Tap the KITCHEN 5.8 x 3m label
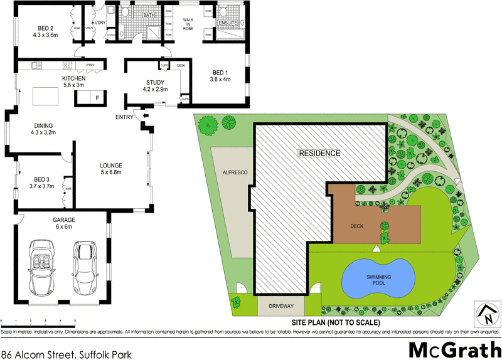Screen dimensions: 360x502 pyautogui.click(x=73, y=82)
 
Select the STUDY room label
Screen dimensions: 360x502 pyautogui.click(x=154, y=86)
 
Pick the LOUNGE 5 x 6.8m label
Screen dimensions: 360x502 pyautogui.click(x=110, y=169)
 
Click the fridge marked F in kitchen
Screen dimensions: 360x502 pyautogui.click(x=97, y=98)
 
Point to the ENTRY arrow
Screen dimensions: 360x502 pyautogui.click(x=146, y=116)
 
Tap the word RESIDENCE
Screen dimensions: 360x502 pyautogui.click(x=319, y=153)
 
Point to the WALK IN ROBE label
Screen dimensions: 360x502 pyautogui.click(x=187, y=24)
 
